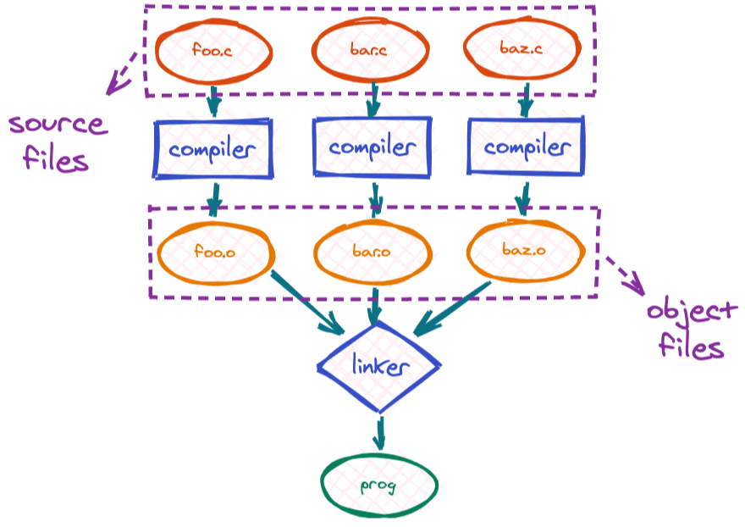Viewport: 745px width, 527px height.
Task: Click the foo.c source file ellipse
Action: (214, 51)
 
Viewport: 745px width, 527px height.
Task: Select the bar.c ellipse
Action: (369, 51)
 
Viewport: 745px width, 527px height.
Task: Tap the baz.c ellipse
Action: (523, 51)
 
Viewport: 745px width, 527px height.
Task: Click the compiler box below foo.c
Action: (212, 149)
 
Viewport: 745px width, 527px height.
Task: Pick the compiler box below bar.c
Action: (372, 147)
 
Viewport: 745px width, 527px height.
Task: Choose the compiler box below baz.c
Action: (526, 148)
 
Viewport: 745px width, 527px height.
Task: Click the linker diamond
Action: (379, 367)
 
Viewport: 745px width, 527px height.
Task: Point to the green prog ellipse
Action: (379, 486)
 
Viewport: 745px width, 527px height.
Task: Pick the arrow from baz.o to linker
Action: (453, 308)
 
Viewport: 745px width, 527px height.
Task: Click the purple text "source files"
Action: (57, 141)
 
